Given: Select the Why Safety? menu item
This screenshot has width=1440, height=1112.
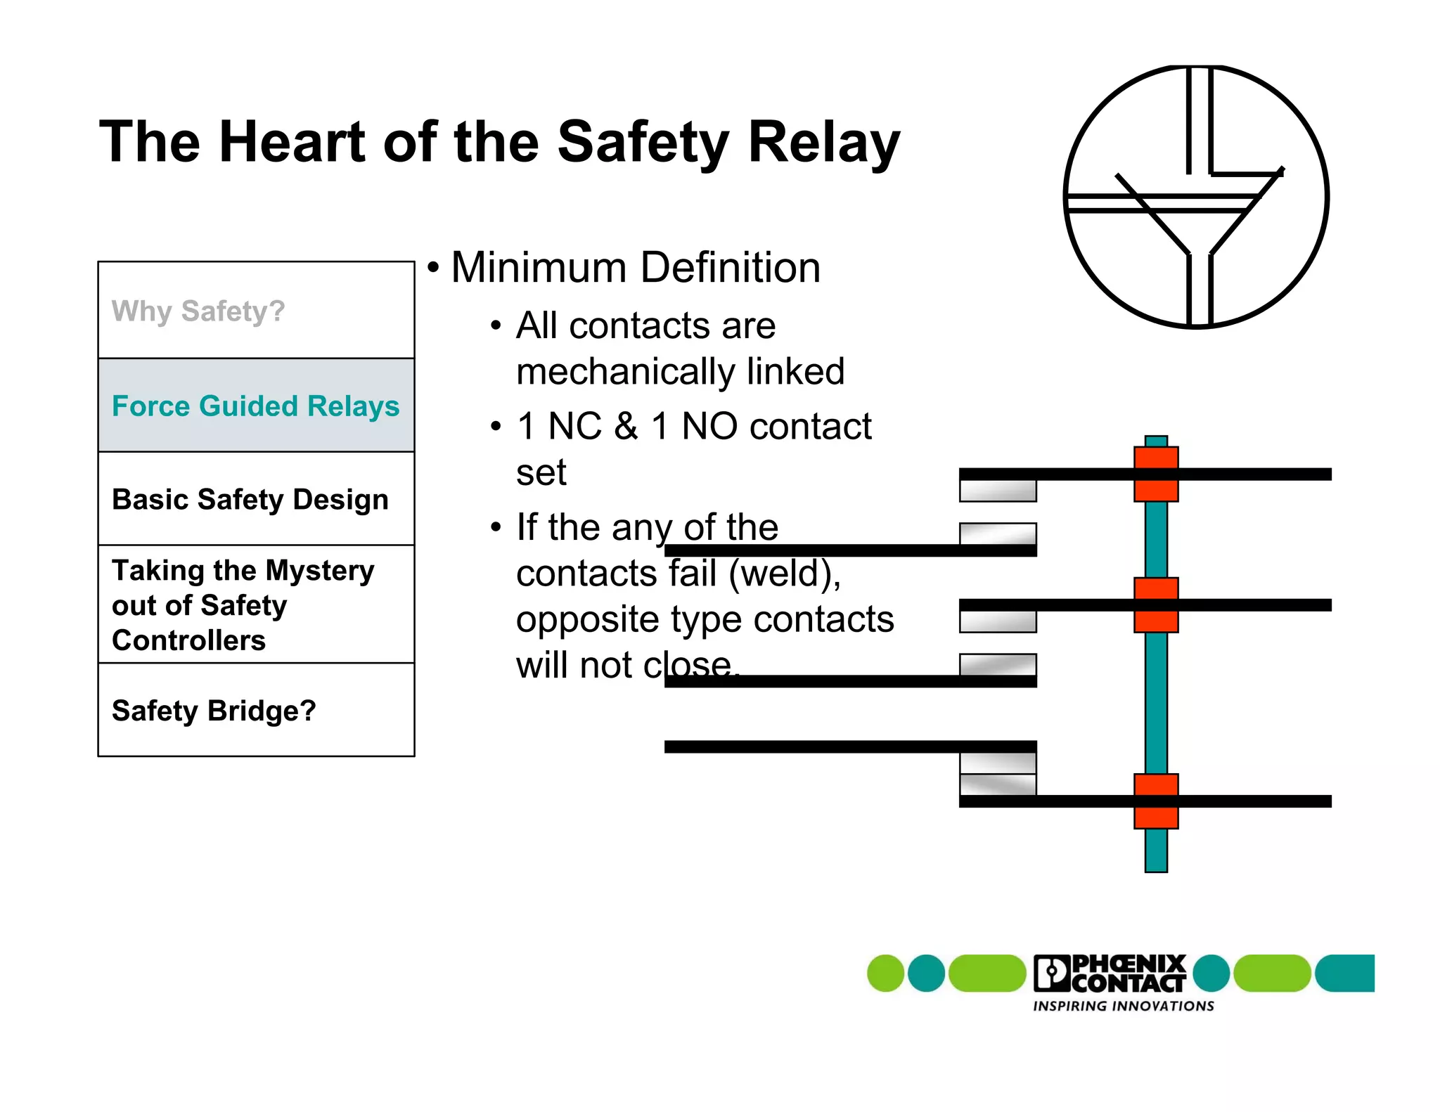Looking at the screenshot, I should coord(198,311).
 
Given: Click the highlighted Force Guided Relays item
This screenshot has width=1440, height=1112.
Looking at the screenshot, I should coord(255,406).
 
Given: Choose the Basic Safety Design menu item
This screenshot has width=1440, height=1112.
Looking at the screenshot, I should coord(250,499).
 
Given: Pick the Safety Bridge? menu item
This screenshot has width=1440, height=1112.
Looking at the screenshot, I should coord(214,711).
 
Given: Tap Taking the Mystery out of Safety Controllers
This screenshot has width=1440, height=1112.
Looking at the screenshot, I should coord(243,605).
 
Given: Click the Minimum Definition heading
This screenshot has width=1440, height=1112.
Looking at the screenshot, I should coord(635,268).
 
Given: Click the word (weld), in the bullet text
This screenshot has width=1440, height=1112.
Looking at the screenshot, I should coord(785,574).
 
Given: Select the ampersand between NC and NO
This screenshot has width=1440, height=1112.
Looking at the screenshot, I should coord(626,427).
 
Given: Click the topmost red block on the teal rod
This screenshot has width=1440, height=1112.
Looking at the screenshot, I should coord(1155,474).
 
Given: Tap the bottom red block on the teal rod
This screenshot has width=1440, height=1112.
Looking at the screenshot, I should coord(1155,801).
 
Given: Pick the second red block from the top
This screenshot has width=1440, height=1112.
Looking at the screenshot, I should coord(1155,605).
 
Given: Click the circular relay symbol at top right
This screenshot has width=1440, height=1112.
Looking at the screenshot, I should coord(1196,197).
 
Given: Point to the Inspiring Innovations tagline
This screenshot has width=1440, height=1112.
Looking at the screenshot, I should coord(1123,1007).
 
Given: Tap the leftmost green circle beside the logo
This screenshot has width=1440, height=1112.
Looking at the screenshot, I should coord(885,974).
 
